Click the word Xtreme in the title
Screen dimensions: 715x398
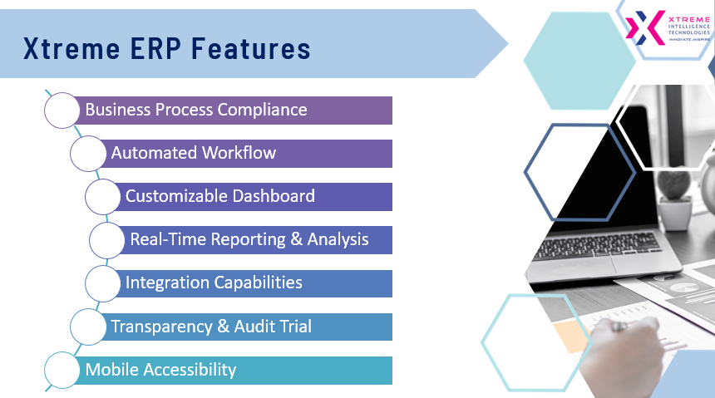pos(71,49)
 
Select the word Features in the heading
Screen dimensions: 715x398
pos(251,49)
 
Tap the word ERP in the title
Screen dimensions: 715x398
pos(155,49)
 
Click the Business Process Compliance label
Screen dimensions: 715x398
pos(196,110)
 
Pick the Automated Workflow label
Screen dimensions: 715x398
pos(194,153)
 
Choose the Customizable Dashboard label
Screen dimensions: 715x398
pos(219,196)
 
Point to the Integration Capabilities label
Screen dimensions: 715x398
pos(214,283)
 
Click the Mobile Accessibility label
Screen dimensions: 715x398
pos(160,370)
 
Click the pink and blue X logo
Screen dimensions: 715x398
pos(644,27)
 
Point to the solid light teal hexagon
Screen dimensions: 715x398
pos(579,61)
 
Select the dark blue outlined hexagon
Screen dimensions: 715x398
pos(525,172)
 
